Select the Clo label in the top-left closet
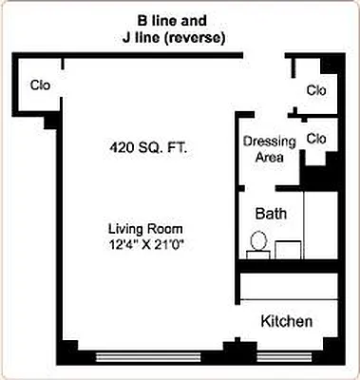(40, 85)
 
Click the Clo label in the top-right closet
(316, 90)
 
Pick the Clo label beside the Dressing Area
(316, 139)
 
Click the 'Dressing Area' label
(270, 149)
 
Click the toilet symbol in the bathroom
(257, 244)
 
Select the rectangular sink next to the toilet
(289, 249)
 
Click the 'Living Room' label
(144, 229)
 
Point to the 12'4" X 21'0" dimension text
(144, 245)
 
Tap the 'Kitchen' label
(286, 322)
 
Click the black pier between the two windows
(227, 351)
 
